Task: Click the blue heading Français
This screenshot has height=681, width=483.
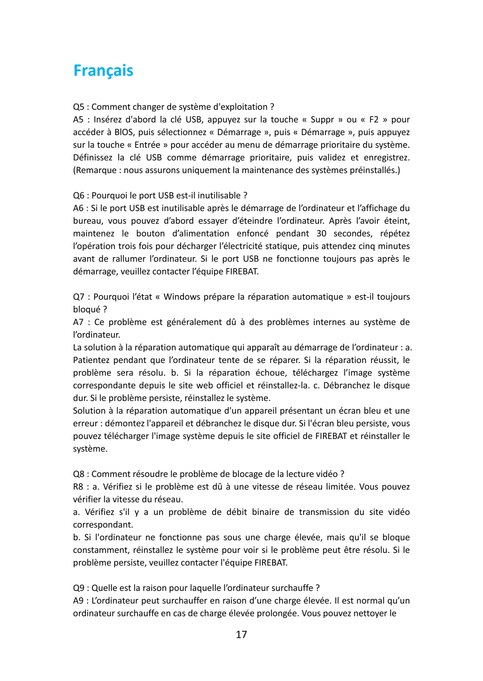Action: coord(103,71)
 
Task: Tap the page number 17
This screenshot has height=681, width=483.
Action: coord(241,634)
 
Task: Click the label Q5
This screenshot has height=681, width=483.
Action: coord(79,107)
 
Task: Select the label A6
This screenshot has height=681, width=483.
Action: coord(79,208)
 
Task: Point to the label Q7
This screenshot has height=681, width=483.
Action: coord(79,296)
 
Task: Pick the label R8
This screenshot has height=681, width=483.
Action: coord(79,486)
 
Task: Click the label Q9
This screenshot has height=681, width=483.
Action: coord(79,587)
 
